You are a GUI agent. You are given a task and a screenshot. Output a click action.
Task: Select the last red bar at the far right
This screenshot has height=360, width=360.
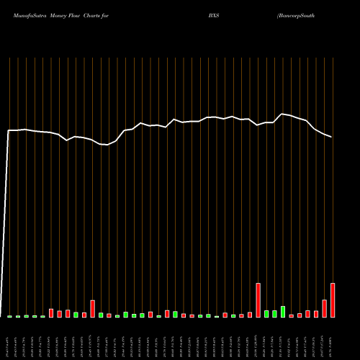click(x=333, y=300)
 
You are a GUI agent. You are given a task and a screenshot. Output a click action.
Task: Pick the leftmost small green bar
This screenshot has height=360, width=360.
click(x=9, y=316)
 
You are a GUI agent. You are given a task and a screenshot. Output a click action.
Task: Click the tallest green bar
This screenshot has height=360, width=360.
click(x=283, y=312)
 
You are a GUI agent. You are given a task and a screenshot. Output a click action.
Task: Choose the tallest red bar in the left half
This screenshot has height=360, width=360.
click(x=93, y=309)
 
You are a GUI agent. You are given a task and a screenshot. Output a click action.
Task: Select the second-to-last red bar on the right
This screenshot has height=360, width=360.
click(x=324, y=308)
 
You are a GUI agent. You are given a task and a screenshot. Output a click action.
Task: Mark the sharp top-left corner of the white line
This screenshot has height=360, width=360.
click(x=8, y=130)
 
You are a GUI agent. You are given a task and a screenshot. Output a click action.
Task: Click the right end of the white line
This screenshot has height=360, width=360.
click(x=332, y=137)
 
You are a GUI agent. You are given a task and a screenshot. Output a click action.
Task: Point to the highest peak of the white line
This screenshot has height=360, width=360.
click(x=283, y=114)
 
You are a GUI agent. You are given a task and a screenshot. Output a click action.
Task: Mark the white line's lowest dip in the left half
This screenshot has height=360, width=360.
click(x=106, y=145)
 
